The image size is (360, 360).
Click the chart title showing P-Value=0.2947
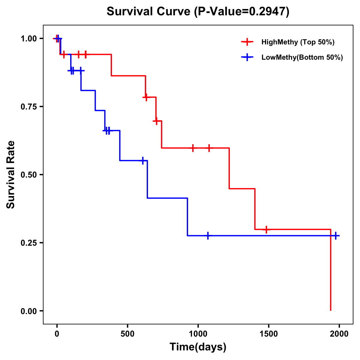click(198, 12)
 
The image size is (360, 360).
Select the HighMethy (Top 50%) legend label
click(298, 42)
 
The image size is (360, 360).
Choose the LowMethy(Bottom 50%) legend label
click(302, 57)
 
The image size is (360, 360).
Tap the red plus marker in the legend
click(247, 42)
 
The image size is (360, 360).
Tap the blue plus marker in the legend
click(247, 57)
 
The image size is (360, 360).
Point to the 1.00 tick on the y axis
click(28, 39)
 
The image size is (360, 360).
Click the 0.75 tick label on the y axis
click(28, 107)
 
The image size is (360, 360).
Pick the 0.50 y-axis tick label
click(28, 175)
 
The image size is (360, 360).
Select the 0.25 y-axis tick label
click(28, 243)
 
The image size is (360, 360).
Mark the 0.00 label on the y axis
click(28, 311)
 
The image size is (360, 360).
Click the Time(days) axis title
click(198, 347)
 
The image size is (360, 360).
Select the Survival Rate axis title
click(11, 175)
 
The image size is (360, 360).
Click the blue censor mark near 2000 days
click(336, 236)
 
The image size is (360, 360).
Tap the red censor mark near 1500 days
click(266, 229)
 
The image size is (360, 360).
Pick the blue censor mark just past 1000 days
click(208, 236)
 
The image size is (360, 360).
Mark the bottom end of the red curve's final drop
click(331, 310)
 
